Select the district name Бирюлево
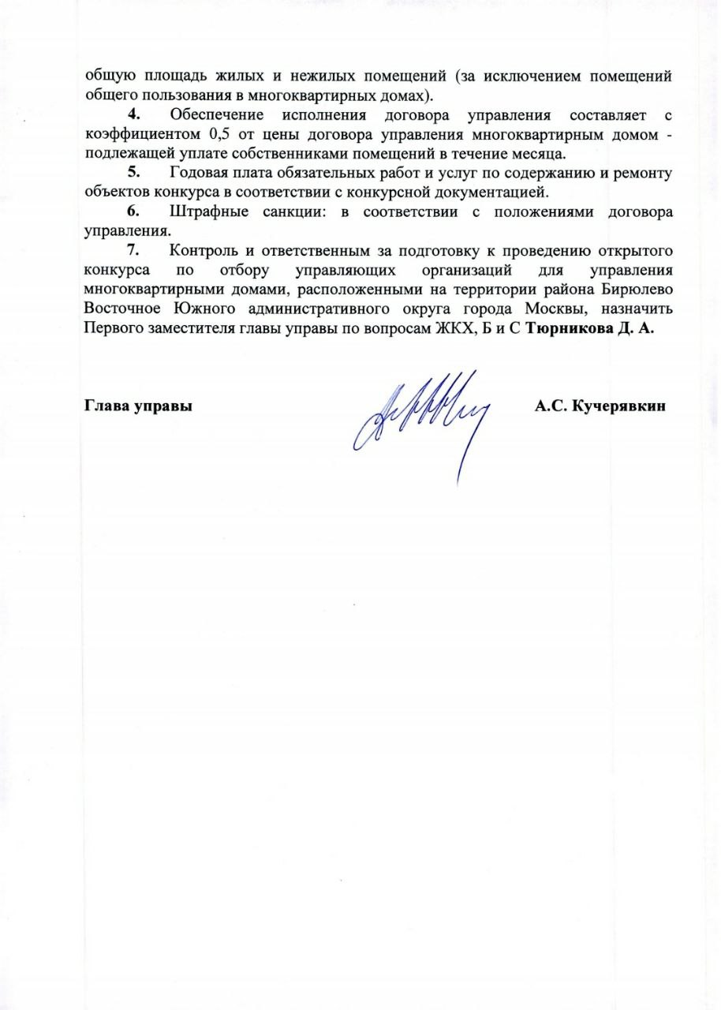tap(637, 289)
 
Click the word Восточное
tap(121, 308)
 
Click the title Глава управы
tap(139, 407)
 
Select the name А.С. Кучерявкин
tap(600, 407)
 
